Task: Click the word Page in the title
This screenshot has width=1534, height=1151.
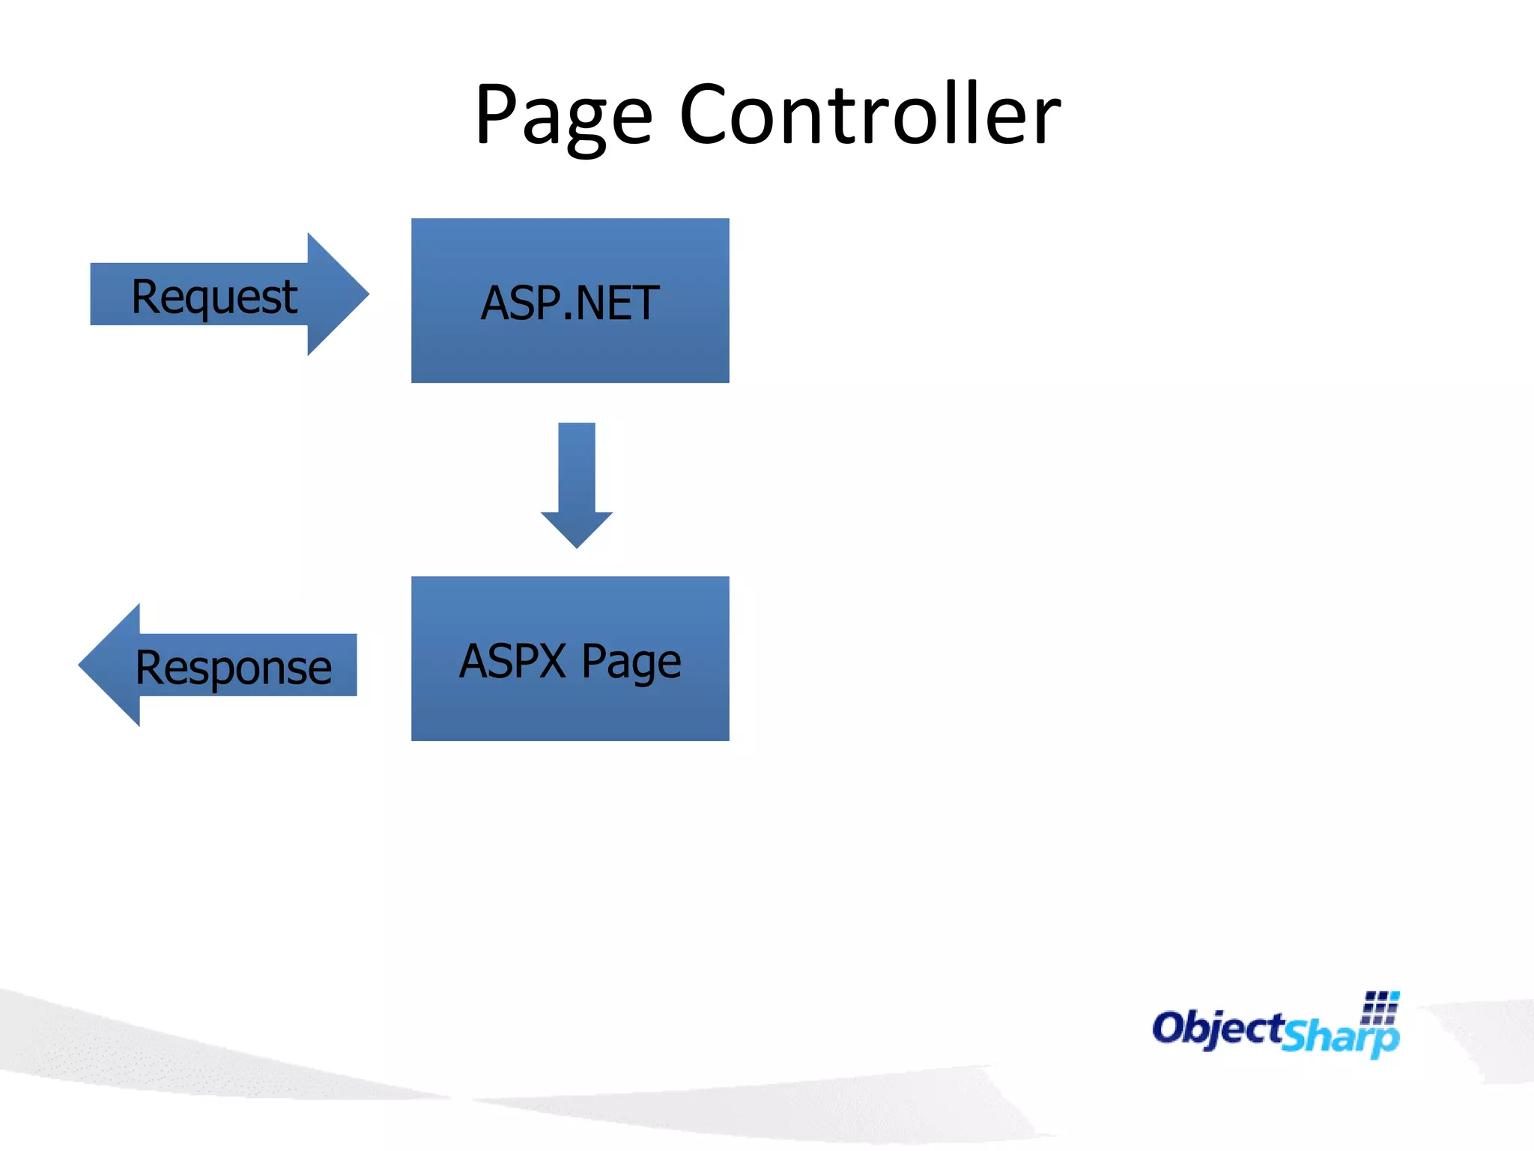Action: pos(563,116)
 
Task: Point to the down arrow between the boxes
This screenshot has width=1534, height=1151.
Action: pos(577,484)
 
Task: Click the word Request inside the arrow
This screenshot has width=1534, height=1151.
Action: pos(214,297)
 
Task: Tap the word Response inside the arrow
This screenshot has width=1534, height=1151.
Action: pos(233,668)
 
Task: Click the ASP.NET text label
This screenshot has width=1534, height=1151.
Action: pos(570,303)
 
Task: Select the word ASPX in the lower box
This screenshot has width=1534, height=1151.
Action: pos(512,661)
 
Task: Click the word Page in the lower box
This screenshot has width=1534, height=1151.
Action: pos(631,662)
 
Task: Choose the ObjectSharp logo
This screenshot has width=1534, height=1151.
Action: pos(1276,1027)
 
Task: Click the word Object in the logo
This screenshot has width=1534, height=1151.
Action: pos(1218,1027)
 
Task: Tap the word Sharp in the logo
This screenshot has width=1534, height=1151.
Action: pos(1340,1036)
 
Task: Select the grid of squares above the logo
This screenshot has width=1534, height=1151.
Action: pos(1380,1007)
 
